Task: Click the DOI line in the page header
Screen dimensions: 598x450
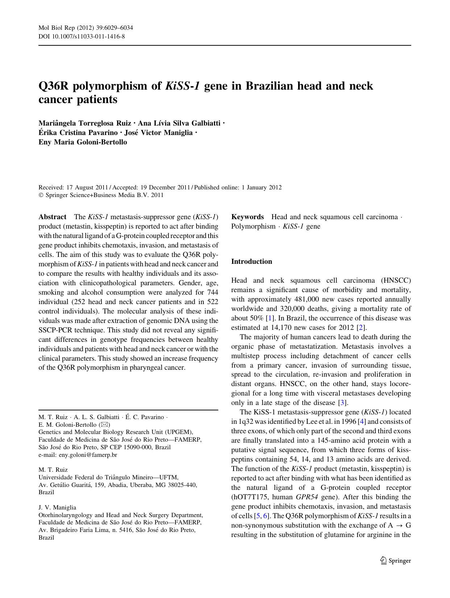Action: coord(82,36)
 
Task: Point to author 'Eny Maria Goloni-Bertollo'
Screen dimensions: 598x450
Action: coord(83,142)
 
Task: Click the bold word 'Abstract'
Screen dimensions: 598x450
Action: coord(52,217)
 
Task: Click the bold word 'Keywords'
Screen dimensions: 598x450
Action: coord(247,217)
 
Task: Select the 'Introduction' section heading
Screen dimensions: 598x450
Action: coord(251,262)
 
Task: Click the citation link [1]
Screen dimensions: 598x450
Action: coord(269,318)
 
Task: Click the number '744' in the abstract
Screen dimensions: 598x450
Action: coord(212,292)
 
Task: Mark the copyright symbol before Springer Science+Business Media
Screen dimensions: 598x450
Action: coord(41,195)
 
